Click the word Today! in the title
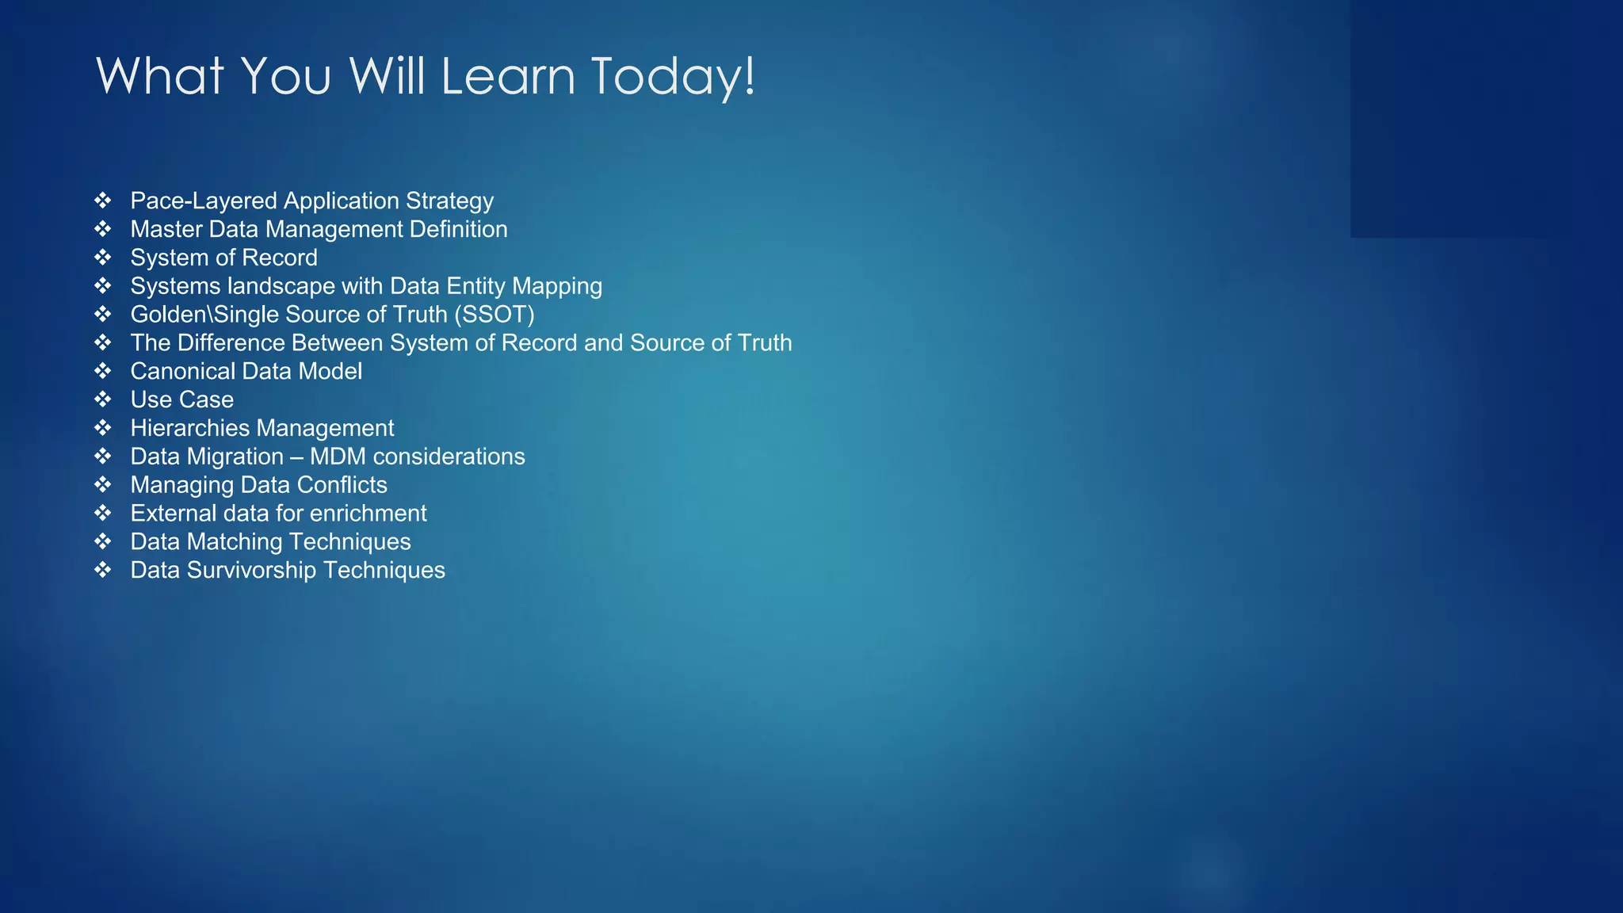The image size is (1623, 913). coord(673,77)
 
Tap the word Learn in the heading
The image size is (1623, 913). coord(507,77)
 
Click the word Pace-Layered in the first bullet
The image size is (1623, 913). coord(203,201)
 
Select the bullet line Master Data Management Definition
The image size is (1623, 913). coord(319,230)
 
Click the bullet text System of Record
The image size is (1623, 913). coord(223,258)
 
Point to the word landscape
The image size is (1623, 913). coord(281,286)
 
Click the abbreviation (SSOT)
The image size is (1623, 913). coord(494,315)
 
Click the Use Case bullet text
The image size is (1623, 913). coord(181,400)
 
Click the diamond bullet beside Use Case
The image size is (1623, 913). coord(103,399)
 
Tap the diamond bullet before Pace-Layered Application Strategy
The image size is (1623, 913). coord(103,201)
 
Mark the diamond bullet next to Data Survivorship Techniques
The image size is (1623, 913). coord(103,570)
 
